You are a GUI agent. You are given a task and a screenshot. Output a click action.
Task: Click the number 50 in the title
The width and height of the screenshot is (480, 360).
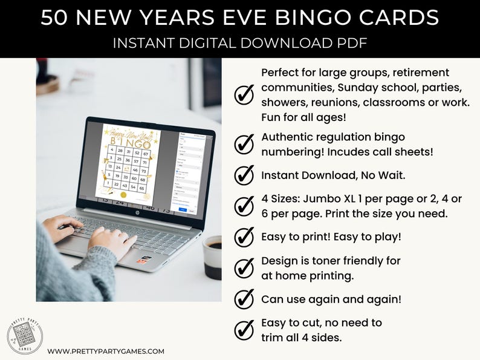(54, 18)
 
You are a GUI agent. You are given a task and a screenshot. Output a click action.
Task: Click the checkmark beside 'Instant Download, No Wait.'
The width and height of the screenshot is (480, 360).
(244, 175)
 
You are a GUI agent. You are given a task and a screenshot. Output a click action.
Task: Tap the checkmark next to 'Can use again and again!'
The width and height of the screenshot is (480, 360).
(244, 299)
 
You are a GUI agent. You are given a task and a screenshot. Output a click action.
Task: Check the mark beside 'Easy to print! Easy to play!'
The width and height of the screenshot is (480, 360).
(244, 237)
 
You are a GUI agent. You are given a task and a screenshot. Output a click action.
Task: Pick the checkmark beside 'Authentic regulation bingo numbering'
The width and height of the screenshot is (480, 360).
(244, 145)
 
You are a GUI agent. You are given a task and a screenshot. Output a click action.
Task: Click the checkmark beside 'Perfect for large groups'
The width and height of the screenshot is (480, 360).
(244, 94)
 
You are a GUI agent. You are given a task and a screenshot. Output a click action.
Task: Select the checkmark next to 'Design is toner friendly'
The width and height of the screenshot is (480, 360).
(244, 267)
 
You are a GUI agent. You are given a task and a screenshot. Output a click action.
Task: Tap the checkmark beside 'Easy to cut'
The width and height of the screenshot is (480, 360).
(244, 330)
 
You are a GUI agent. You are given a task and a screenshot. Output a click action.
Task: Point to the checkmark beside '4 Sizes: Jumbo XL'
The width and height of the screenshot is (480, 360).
(244, 206)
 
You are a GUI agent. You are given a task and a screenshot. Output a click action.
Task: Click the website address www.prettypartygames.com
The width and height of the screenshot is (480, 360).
(106, 351)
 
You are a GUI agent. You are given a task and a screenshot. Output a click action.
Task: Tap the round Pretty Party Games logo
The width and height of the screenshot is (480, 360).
(25, 336)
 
